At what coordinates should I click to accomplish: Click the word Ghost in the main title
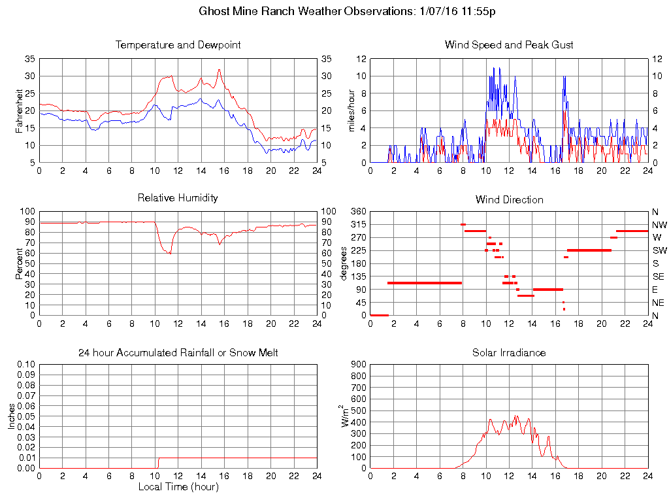213,11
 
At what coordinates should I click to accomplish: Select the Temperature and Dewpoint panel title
178,45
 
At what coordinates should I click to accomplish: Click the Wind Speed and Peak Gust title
509,45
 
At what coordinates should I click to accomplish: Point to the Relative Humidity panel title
178,197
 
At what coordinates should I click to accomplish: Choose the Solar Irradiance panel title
509,353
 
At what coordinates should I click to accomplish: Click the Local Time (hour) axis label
178,487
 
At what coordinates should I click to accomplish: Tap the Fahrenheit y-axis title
19,110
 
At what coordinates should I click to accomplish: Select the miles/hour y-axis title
351,110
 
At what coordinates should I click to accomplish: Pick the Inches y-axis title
11,416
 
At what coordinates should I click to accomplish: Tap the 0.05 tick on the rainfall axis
25,416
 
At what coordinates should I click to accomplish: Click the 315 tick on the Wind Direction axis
357,225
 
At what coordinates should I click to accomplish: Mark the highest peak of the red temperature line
220,69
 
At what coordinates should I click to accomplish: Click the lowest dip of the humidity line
171,253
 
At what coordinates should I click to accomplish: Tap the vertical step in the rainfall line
158,463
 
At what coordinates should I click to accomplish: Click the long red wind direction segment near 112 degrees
425,283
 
